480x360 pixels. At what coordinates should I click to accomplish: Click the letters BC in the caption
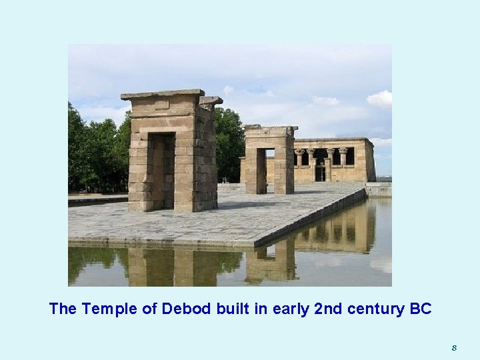tap(421, 309)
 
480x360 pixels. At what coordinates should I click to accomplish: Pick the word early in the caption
tap(288, 309)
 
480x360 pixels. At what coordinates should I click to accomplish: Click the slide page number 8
tap(454, 347)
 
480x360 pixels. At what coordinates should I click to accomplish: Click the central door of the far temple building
tap(321, 173)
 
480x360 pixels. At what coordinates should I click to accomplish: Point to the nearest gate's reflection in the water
tap(172, 266)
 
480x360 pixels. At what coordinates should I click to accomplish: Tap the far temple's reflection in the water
tap(337, 230)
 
